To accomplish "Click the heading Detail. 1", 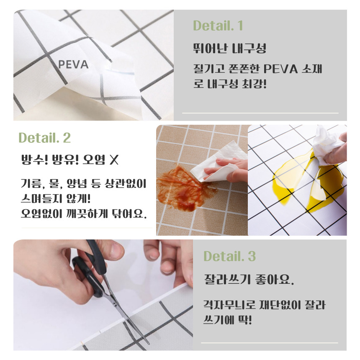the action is pyautogui.click(x=218, y=26).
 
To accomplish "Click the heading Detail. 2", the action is pyautogui.click(x=44, y=138).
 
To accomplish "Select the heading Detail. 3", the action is pyautogui.click(x=229, y=256).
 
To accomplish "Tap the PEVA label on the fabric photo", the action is pyautogui.click(x=73, y=64).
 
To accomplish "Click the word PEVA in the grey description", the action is pyautogui.click(x=280, y=69).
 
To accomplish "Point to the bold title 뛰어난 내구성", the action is pyautogui.click(x=229, y=48).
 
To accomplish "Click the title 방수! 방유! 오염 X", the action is pyautogui.click(x=70, y=160).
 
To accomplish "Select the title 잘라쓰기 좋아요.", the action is pyautogui.click(x=249, y=279).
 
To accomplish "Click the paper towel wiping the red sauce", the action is pyautogui.click(x=218, y=163).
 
